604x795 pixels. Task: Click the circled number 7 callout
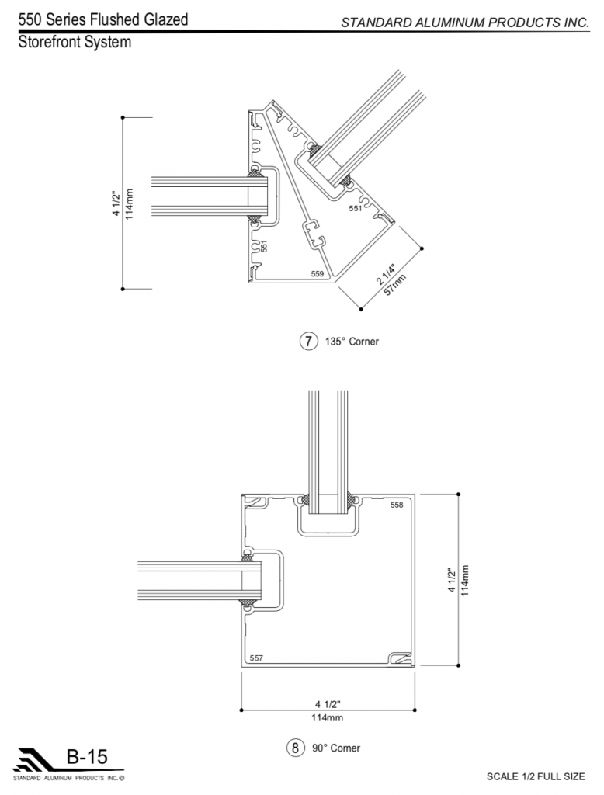click(308, 342)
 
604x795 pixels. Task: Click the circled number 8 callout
click(295, 748)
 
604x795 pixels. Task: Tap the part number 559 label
click(317, 274)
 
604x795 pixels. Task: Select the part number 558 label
click(397, 505)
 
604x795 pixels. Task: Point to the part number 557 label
click(256, 658)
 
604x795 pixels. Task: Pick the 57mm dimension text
click(396, 285)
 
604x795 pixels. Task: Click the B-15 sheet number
click(87, 757)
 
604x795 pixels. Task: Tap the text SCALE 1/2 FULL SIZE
click(536, 776)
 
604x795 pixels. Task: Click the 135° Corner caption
click(352, 342)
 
